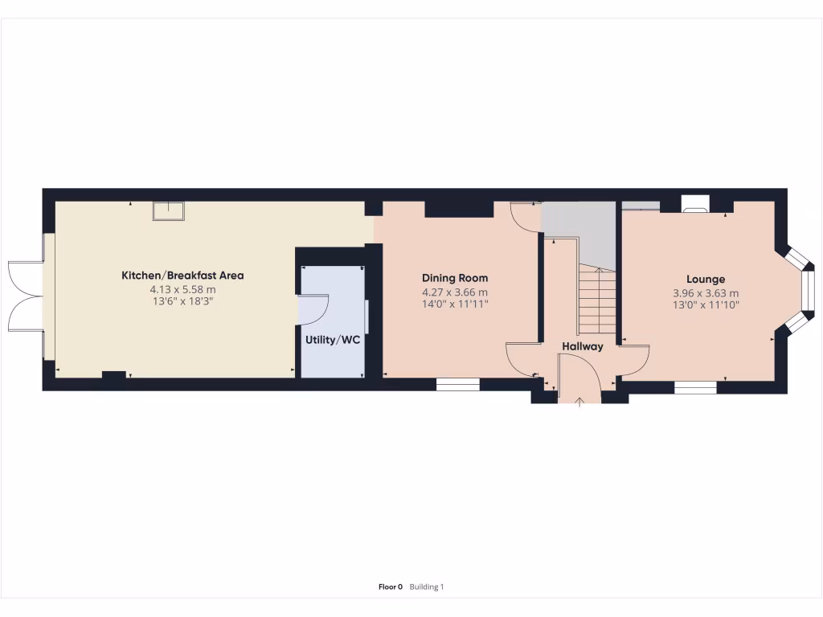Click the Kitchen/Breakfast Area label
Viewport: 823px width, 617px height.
coord(182,276)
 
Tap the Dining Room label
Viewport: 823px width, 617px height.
coord(455,278)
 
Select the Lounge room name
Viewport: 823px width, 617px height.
coord(706,280)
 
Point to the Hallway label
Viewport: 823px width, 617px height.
coord(582,347)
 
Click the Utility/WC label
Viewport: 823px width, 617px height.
coord(332,339)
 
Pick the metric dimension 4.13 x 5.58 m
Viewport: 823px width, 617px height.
coord(182,289)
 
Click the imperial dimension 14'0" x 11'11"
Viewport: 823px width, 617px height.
coord(455,304)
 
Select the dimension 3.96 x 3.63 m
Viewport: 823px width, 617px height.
coord(706,293)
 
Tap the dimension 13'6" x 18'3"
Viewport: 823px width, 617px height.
coord(182,301)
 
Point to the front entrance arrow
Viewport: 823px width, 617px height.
coord(579,400)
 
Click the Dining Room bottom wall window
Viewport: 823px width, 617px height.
coord(457,385)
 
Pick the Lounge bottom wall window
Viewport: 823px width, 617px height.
coord(695,387)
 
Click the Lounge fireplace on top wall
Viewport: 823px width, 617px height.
coord(695,204)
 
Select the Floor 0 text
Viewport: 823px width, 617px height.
coord(390,587)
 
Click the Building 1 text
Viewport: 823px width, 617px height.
coord(427,587)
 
